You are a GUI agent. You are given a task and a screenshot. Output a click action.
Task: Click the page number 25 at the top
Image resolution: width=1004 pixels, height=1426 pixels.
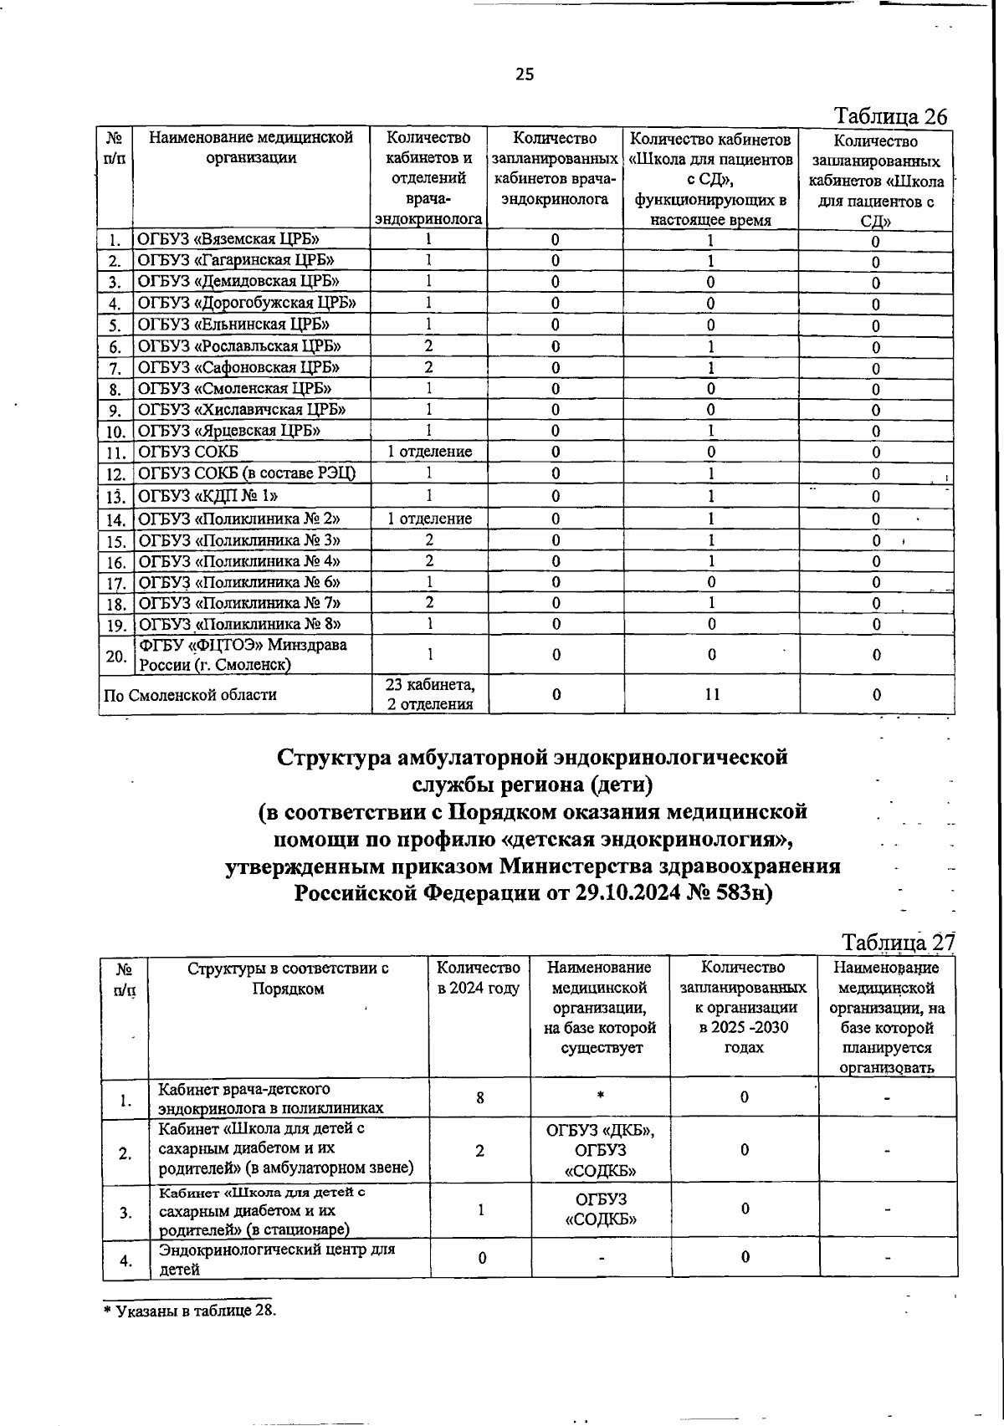(x=524, y=75)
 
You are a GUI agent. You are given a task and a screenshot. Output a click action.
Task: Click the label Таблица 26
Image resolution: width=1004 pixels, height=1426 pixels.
(x=891, y=117)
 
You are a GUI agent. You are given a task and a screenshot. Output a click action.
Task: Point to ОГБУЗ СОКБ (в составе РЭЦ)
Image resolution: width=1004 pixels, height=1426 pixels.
(x=247, y=473)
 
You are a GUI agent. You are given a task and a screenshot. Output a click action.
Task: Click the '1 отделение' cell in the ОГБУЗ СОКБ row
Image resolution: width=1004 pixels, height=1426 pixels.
(x=429, y=452)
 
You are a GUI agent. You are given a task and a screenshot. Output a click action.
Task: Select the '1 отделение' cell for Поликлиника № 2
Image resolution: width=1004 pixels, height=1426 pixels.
(x=429, y=519)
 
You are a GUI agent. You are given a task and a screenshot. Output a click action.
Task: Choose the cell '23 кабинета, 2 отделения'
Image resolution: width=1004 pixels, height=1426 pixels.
(x=430, y=694)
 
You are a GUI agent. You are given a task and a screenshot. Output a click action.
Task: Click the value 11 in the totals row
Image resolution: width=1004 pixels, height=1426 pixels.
(x=710, y=694)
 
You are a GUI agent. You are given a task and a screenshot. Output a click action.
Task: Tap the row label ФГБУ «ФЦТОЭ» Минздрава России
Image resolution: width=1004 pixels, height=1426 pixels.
(x=243, y=655)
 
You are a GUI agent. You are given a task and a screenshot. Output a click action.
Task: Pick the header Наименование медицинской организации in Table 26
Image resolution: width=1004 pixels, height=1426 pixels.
(x=251, y=148)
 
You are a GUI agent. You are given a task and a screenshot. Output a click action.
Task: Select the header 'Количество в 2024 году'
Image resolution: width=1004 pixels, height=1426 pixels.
(x=479, y=978)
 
